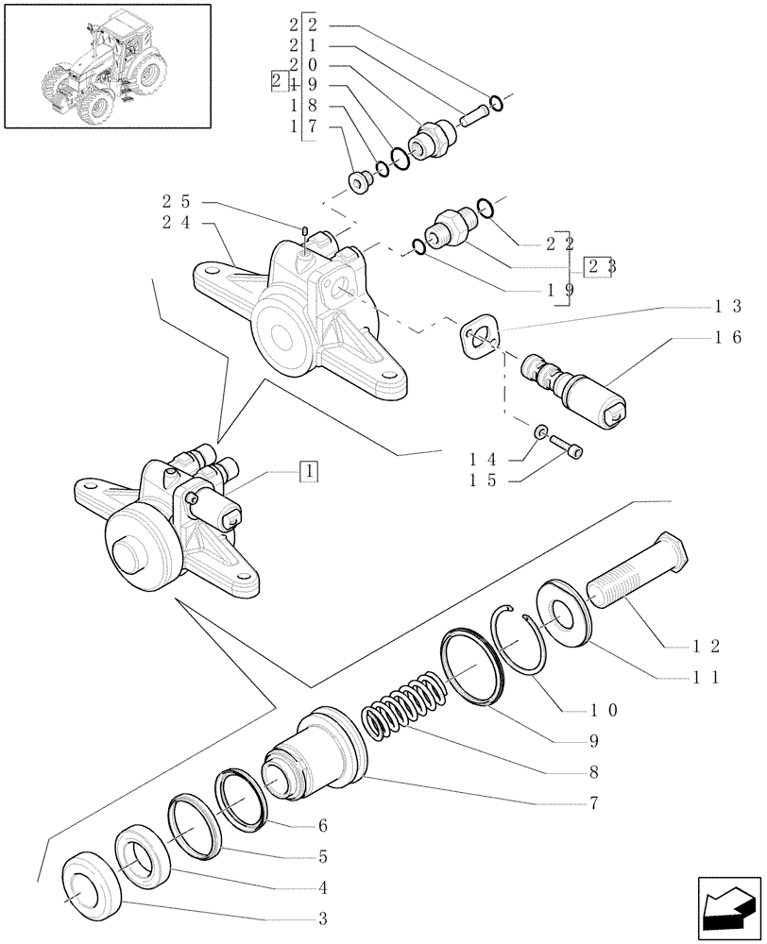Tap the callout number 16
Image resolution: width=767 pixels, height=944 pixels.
click(x=735, y=336)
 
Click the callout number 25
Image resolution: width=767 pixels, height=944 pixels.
click(x=176, y=202)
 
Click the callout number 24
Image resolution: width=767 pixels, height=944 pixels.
click(x=176, y=225)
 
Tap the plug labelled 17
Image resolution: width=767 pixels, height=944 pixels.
click(x=361, y=181)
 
